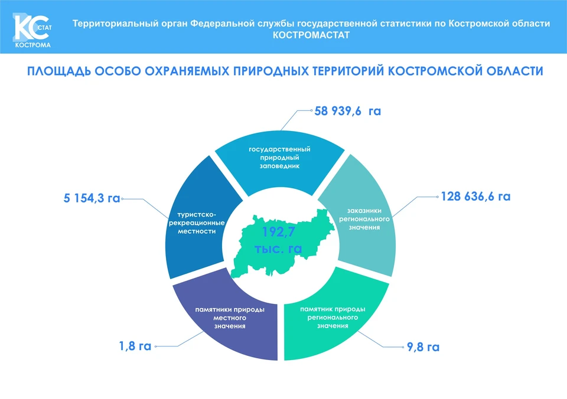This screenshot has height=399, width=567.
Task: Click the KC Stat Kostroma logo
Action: coord(32,31)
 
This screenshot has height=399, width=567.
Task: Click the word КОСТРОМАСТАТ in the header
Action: coord(311,35)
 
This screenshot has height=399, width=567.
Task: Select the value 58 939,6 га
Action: coord(347,110)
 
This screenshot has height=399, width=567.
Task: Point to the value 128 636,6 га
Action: coord(475,196)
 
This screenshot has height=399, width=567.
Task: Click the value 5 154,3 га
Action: coord(92,198)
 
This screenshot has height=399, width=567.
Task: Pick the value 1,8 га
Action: coord(135,346)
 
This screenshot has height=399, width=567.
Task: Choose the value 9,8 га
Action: coord(423,347)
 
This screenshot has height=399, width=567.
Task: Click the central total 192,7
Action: coord(278,231)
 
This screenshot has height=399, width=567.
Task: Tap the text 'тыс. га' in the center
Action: coord(278,248)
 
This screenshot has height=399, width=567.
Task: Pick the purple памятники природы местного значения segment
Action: coord(232,318)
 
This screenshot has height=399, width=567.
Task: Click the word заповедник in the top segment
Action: coord(279,166)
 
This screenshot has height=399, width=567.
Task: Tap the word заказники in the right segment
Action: coord(364,210)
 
